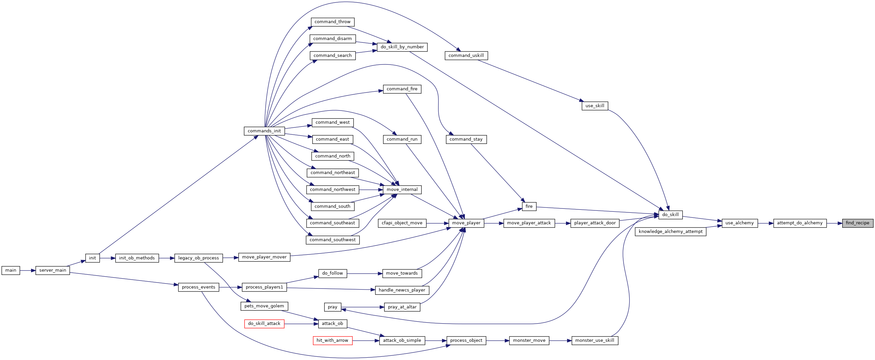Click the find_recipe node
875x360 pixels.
(x=857, y=223)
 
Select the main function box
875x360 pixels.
(x=11, y=270)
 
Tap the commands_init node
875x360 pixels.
(x=264, y=131)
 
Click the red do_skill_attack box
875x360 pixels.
(x=264, y=324)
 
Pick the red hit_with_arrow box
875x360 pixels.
(x=332, y=340)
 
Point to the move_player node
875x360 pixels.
(x=466, y=223)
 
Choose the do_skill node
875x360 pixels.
(x=671, y=215)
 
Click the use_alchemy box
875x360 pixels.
(x=740, y=223)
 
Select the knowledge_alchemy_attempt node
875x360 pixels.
(x=671, y=232)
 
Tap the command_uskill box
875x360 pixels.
(x=466, y=55)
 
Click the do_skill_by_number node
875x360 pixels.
(x=402, y=47)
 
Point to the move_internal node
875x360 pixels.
(x=402, y=190)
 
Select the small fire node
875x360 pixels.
(x=529, y=206)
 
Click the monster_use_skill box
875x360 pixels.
(x=595, y=340)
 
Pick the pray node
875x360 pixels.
(x=332, y=307)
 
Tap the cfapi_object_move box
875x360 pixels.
(x=402, y=223)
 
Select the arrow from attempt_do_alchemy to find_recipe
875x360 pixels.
(x=834, y=223)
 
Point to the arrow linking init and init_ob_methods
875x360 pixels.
(x=108, y=258)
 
